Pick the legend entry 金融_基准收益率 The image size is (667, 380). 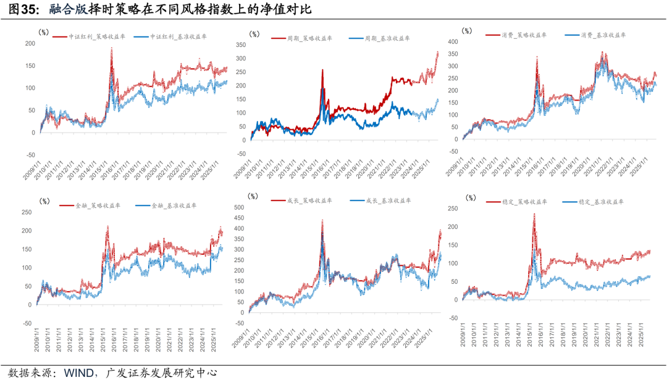point(174,205)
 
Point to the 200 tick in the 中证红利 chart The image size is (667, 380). point(29,43)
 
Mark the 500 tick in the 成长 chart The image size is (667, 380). point(238,206)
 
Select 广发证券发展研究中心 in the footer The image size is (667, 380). point(162,372)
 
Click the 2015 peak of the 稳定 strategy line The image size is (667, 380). point(534,214)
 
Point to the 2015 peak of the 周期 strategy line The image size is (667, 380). point(322,70)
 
